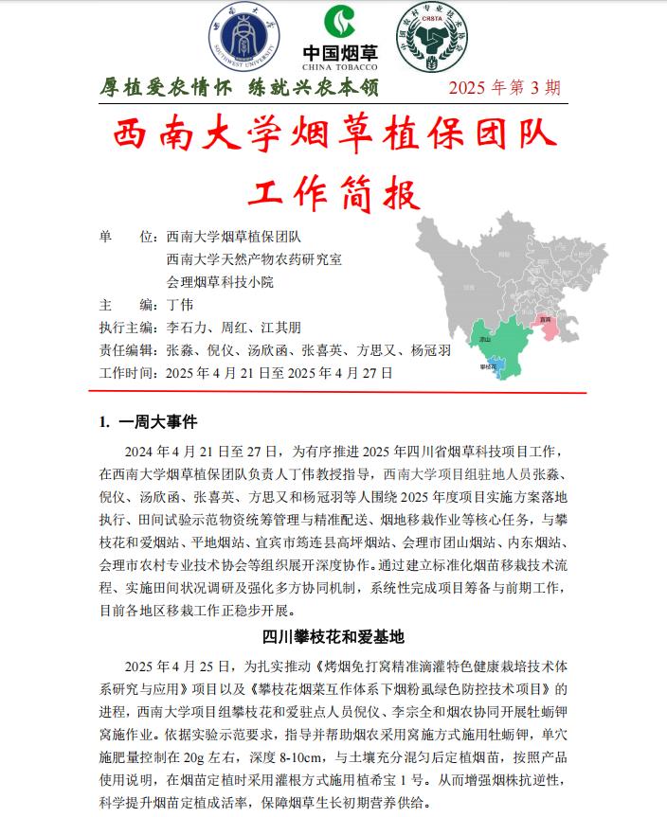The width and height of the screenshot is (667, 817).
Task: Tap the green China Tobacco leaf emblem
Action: (339, 25)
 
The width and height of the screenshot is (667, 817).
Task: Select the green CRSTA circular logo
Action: (432, 39)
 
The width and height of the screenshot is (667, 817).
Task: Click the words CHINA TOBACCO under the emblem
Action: (339, 67)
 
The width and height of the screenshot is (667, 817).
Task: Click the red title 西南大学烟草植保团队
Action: (333, 135)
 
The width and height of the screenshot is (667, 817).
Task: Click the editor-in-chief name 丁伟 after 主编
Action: (180, 305)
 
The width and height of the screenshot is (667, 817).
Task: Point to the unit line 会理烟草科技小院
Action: (220, 282)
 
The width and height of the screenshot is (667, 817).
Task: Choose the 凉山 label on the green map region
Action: (485, 339)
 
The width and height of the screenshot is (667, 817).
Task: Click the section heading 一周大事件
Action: (157, 421)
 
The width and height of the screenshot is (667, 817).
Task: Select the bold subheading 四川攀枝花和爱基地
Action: (333, 636)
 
